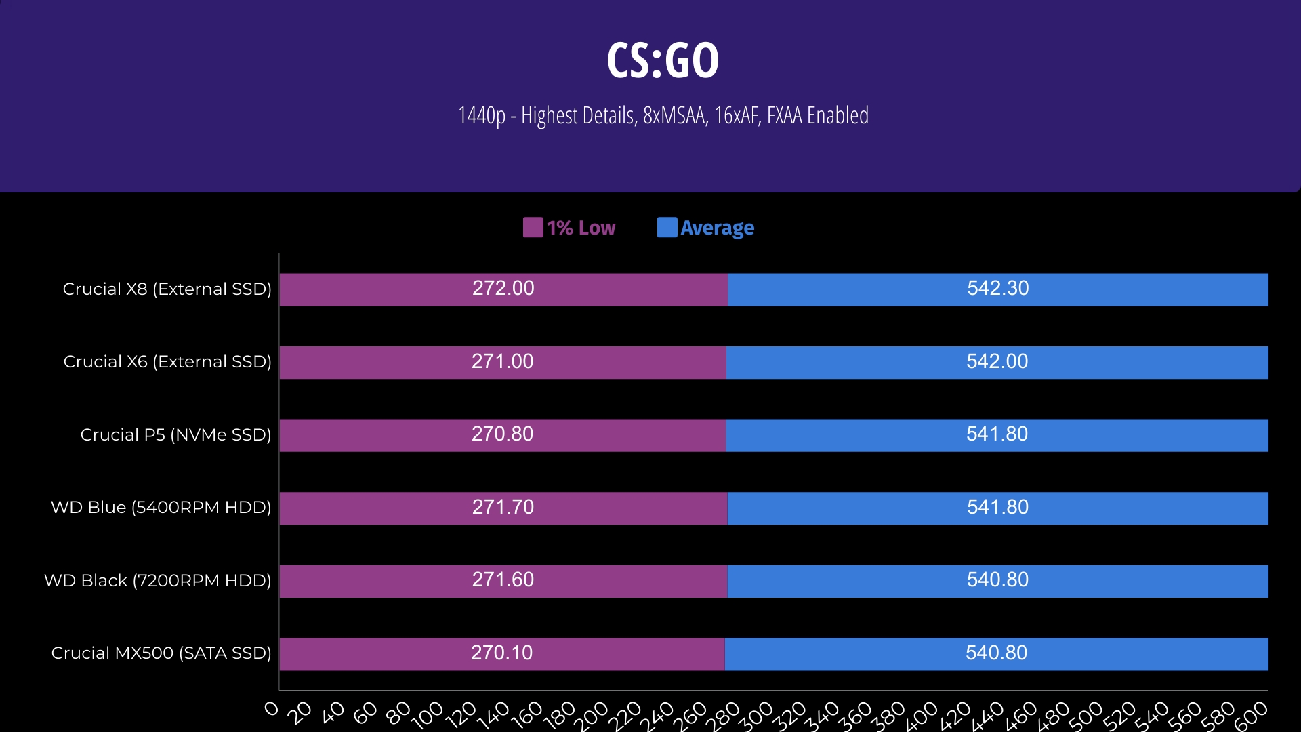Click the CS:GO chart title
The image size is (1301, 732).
(663, 60)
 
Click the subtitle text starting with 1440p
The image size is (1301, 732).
(663, 116)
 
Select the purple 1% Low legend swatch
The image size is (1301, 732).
(533, 228)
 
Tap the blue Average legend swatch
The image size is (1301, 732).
(667, 228)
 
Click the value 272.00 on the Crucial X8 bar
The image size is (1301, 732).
(503, 289)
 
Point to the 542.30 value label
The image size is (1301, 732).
(997, 289)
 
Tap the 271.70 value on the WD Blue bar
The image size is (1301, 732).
(503, 508)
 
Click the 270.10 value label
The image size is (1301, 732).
(501, 653)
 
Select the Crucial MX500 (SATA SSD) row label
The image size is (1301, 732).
(161, 653)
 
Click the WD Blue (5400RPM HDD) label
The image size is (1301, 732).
(161, 508)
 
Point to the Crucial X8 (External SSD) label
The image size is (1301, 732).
(167, 289)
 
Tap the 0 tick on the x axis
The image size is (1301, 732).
(272, 709)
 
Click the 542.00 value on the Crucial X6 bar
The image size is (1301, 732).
(997, 362)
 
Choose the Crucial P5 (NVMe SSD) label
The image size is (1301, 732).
(175, 435)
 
